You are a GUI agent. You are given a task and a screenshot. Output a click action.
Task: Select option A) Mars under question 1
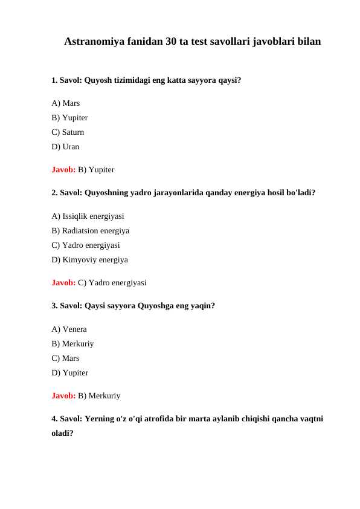pos(66,103)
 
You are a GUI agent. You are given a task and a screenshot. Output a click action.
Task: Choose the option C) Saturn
pos(68,132)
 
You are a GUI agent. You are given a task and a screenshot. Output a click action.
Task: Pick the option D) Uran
pos(66,146)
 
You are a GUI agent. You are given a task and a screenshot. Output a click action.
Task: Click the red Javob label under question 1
pos(63,170)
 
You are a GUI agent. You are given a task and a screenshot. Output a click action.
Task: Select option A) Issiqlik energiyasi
pos(88,216)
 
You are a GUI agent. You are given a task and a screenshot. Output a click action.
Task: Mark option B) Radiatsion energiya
pos(91,230)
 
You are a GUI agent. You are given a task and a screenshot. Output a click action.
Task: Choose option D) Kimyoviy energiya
pos(90,259)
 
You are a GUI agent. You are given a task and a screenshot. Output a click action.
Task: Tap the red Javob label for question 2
pos(63,282)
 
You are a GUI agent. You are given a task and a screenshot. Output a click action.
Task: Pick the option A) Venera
pos(69,329)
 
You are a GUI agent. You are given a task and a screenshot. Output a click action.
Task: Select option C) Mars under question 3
pos(66,358)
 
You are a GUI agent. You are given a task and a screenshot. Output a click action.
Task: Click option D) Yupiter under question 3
pos(70,373)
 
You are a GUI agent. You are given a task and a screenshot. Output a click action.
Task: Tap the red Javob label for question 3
pos(63,396)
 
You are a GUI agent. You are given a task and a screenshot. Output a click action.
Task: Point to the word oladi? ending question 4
pos(63,433)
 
